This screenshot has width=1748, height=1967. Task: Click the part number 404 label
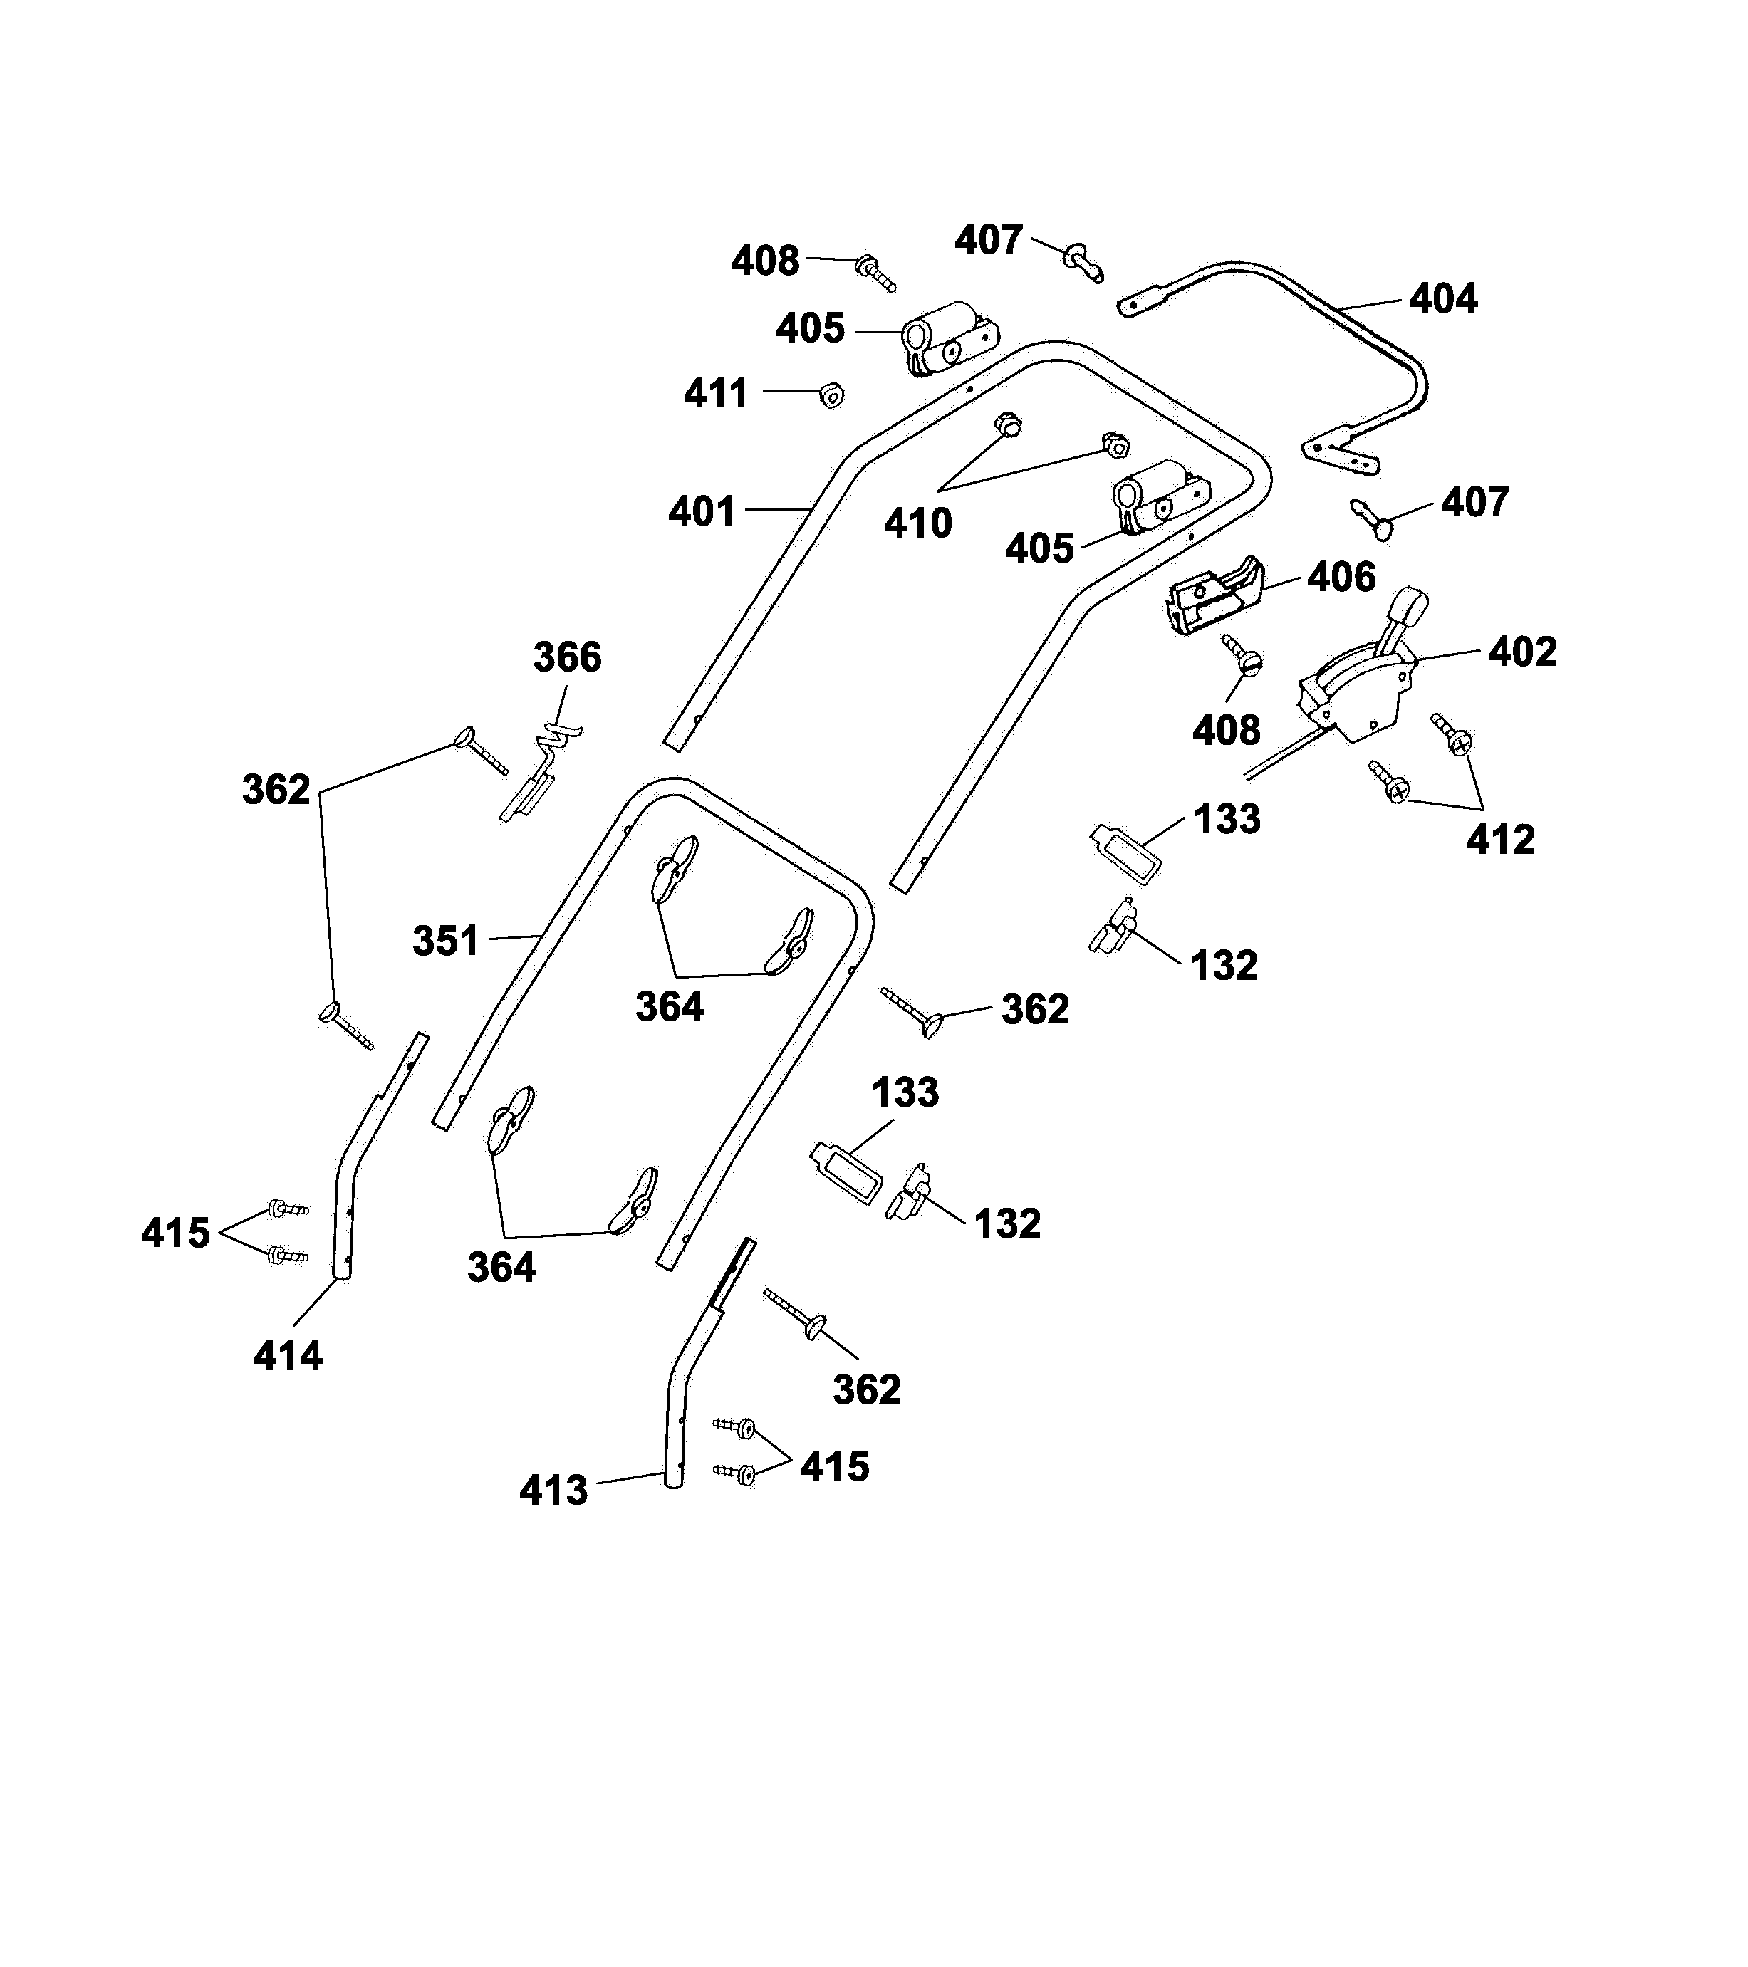coord(1443,299)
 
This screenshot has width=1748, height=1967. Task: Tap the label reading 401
coord(702,511)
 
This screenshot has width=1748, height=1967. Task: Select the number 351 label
coord(446,941)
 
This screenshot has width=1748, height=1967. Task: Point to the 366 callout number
coord(567,657)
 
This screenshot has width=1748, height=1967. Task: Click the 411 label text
coord(716,394)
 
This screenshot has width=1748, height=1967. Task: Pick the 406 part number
coord(1341,578)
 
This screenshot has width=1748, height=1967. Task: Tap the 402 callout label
coord(1521,652)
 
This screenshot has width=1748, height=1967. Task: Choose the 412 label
coord(1501,840)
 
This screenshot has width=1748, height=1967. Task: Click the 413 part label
coord(553,1491)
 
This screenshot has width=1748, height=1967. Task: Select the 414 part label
coord(288,1357)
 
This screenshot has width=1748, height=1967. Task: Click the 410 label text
coord(918,523)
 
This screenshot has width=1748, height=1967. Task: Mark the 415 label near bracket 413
coord(835,1468)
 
